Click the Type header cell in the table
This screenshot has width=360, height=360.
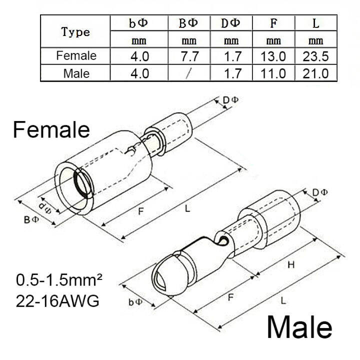click(x=76, y=32)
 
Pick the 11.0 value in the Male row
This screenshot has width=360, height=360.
click(x=273, y=73)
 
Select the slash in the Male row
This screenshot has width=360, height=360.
click(x=188, y=73)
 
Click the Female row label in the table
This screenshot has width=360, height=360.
click(x=76, y=55)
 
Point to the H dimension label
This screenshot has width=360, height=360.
click(x=291, y=266)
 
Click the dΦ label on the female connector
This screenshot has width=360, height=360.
click(x=45, y=205)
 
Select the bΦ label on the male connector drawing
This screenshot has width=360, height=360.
click(x=135, y=302)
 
